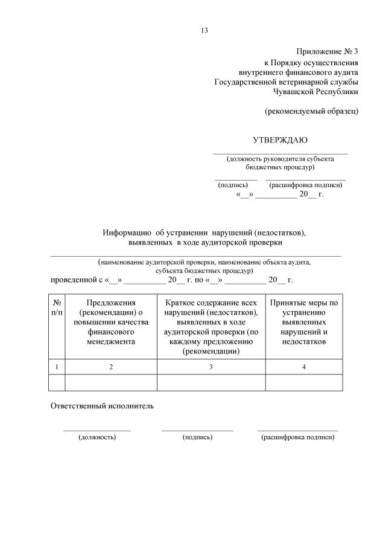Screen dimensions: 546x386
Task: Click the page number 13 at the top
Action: pyautogui.click(x=204, y=31)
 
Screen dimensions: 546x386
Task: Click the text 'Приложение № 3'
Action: pyautogui.click(x=327, y=52)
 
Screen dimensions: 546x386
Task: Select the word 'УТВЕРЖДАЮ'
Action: pyautogui.click(x=280, y=140)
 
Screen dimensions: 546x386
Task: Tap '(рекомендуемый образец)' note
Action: pyautogui.click(x=312, y=111)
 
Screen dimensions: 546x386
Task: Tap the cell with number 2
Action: pyautogui.click(x=110, y=367)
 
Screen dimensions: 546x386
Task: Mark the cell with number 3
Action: pyautogui.click(x=211, y=367)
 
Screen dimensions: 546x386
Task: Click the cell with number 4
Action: pyautogui.click(x=304, y=367)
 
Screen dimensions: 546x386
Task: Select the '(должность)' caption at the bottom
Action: pyautogui.click(x=97, y=437)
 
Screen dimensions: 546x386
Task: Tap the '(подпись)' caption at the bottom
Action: pyautogui.click(x=197, y=437)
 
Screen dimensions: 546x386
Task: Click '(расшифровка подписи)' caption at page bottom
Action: pyautogui.click(x=297, y=437)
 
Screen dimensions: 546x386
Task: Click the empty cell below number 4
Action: pyautogui.click(x=304, y=383)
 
